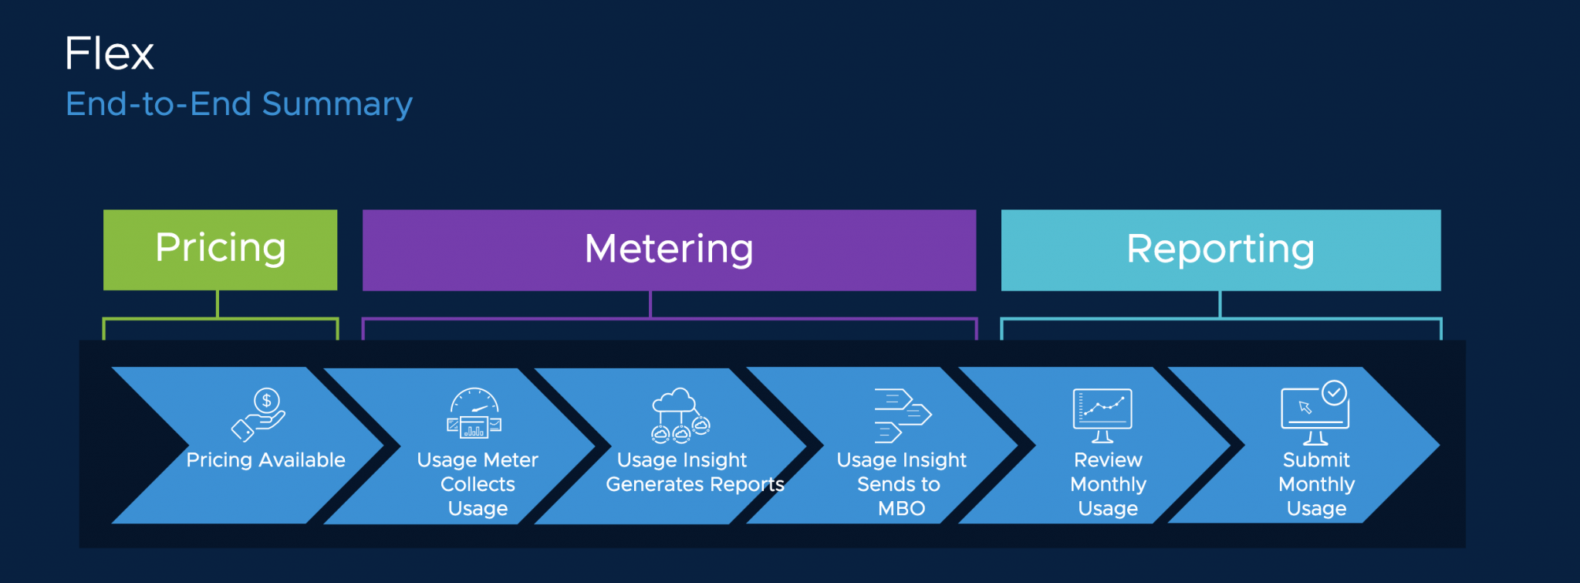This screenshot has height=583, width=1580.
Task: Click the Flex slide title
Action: tap(109, 53)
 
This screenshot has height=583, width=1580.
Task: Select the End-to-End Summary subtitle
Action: tap(238, 104)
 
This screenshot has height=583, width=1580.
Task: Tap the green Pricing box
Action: tap(220, 249)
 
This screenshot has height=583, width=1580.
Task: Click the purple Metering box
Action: tap(669, 249)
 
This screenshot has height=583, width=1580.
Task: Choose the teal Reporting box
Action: tap(1220, 249)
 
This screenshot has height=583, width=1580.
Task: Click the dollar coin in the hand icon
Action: tap(267, 400)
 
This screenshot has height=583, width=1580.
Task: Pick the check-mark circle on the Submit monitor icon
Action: tap(1334, 393)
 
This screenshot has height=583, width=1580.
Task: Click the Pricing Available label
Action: tap(265, 460)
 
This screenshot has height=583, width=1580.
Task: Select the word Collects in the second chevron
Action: tap(478, 484)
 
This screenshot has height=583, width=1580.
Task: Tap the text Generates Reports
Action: tap(694, 484)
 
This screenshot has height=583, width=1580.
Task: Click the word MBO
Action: tap(901, 509)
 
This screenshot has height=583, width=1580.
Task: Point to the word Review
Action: tap(1108, 460)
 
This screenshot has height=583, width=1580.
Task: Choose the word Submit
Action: tap(1316, 460)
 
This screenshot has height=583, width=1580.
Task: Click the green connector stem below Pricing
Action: tap(218, 303)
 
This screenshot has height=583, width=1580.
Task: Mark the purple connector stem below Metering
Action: tap(650, 303)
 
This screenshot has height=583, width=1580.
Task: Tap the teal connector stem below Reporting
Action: tap(1220, 303)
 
